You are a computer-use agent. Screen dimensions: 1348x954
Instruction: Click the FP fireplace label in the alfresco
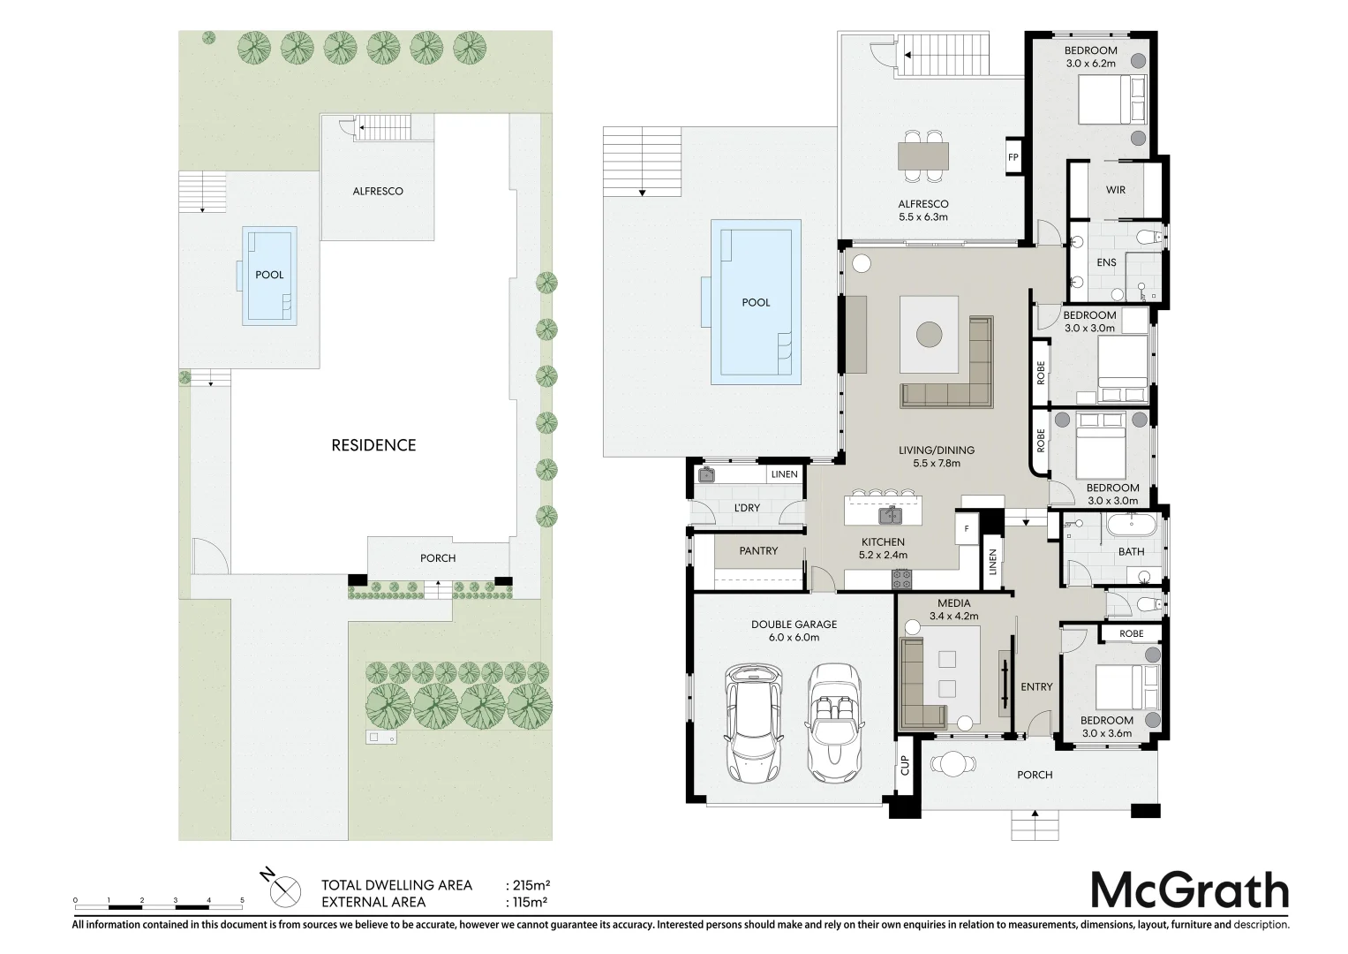(1013, 157)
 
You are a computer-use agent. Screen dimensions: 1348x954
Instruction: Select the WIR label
(1115, 190)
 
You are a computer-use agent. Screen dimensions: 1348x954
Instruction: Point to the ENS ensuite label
(1106, 262)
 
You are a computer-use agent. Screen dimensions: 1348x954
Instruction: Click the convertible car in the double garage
(835, 723)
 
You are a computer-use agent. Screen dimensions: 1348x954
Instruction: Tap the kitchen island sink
(890, 515)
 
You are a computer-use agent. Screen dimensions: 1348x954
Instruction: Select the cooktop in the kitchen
(901, 579)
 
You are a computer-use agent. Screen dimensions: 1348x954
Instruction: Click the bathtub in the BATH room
(1131, 525)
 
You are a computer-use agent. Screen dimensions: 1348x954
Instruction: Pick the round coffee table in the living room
(930, 334)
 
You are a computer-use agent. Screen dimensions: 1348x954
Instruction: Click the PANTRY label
(758, 550)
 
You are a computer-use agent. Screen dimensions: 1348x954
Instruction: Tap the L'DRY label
(747, 508)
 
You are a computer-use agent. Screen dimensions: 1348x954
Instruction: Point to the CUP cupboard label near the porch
(905, 765)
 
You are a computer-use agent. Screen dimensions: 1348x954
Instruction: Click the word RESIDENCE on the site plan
(373, 445)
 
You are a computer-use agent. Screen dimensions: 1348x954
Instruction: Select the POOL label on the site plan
(269, 275)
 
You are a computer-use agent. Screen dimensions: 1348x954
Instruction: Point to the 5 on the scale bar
(242, 900)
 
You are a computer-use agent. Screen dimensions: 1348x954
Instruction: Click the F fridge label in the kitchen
(967, 529)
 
